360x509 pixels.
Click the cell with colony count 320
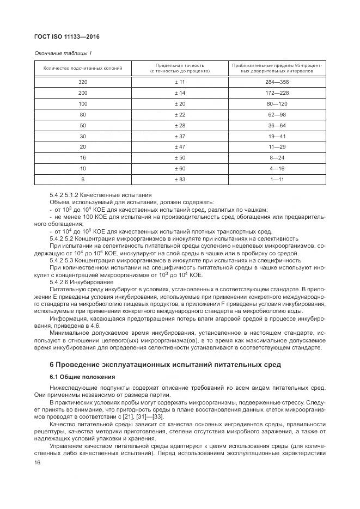click(x=83, y=82)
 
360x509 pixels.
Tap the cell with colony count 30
click(x=83, y=136)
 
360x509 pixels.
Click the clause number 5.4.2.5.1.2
click(x=65, y=195)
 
